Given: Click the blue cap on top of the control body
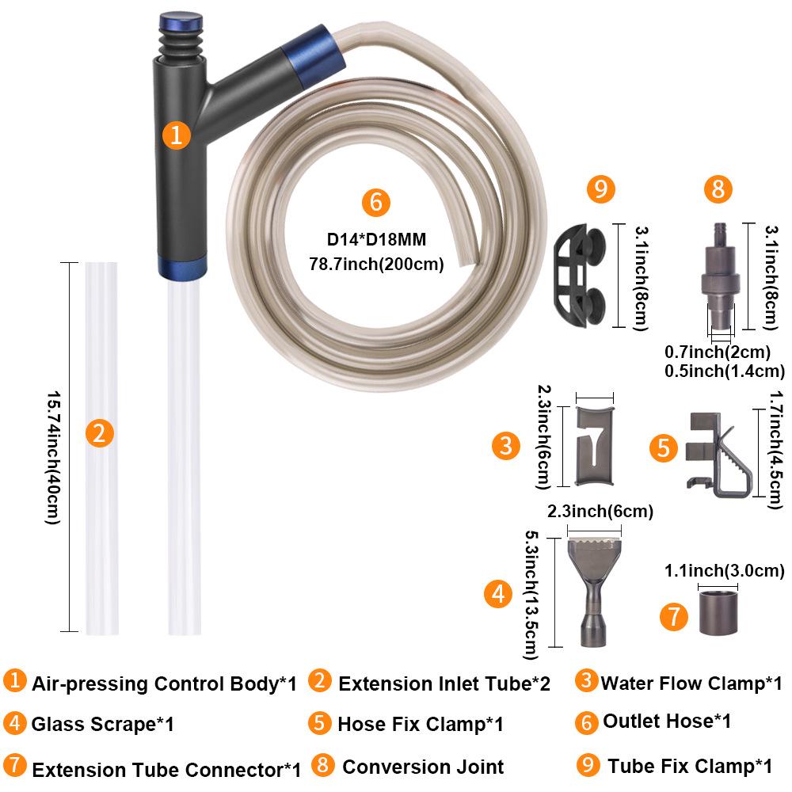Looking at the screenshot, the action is tap(181, 23).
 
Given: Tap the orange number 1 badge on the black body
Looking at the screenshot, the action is tap(177, 135).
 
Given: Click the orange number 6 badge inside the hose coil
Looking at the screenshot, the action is tap(375, 202).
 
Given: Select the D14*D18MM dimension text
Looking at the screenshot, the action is tap(376, 239).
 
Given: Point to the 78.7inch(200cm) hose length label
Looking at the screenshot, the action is tap(376, 264).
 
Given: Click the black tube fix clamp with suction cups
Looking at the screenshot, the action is tap(580, 276).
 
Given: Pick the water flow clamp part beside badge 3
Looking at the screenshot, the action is tap(595, 446).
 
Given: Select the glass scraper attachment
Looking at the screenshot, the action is tap(594, 592).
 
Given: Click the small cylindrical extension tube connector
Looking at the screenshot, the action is tap(718, 612).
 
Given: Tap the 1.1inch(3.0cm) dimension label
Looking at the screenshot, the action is tap(725, 571).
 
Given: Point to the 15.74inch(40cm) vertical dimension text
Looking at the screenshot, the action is tap(54, 457).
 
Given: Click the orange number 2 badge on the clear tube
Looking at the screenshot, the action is tap(100, 433).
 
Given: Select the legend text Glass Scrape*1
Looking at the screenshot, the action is tap(102, 725).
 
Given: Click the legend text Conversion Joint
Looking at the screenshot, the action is tap(423, 767).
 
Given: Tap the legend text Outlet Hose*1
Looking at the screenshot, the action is tap(667, 722).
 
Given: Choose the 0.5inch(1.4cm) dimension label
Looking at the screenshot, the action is tap(725, 371).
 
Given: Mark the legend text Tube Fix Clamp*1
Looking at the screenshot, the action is tap(690, 766).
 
